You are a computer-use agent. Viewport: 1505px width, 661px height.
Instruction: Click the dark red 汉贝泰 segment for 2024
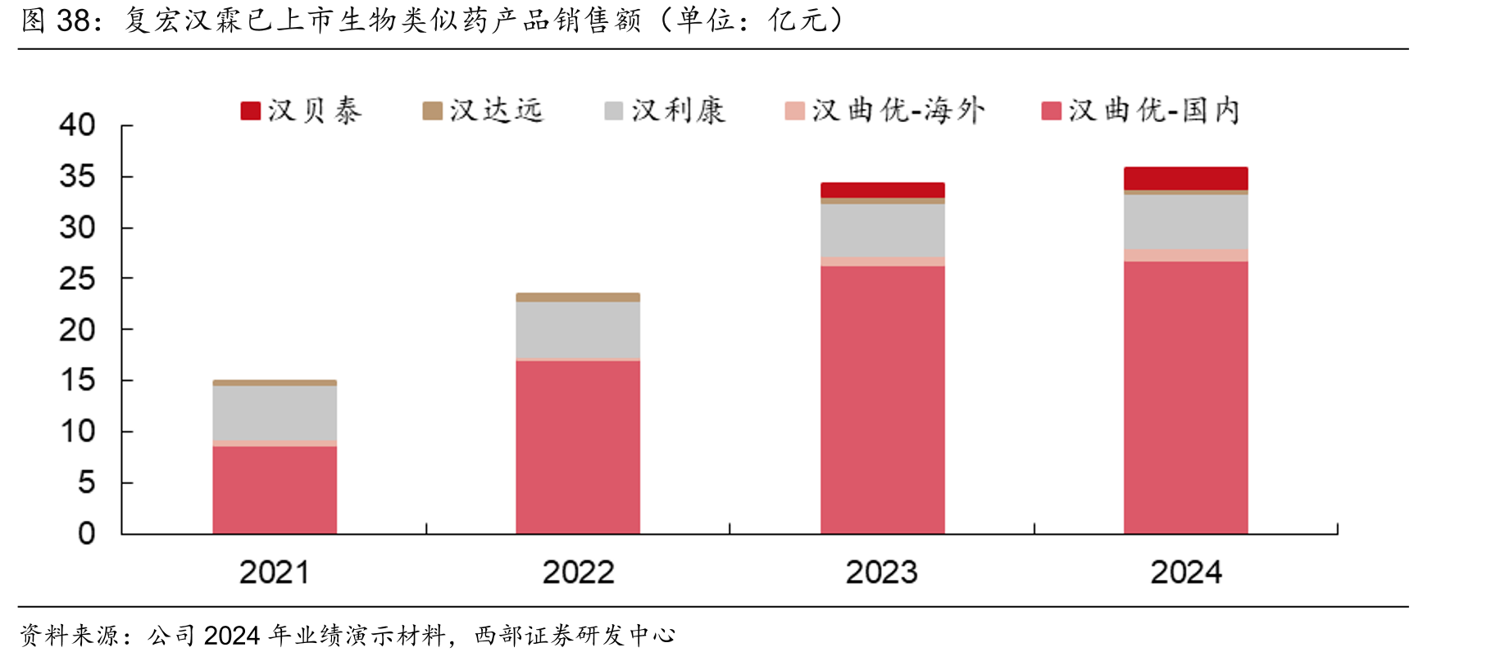click(1185, 179)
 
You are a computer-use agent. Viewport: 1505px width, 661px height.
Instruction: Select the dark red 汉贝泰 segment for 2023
click(882, 190)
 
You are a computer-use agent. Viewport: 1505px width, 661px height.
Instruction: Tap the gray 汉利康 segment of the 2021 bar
click(275, 414)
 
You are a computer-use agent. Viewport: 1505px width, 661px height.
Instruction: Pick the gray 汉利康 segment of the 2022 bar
click(578, 330)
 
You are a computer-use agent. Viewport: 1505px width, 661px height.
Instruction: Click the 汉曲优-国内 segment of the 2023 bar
click(882, 400)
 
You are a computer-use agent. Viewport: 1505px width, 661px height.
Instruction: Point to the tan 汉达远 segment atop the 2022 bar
click(578, 297)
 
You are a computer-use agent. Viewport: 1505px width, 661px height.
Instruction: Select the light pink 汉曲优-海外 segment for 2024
click(1185, 256)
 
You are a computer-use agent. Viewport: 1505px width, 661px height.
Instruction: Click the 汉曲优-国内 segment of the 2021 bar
click(275, 490)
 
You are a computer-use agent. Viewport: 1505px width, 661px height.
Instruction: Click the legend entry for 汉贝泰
click(301, 111)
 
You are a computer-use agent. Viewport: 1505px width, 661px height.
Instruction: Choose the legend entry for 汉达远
click(483, 111)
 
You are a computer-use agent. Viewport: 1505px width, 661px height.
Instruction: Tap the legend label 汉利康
click(678, 111)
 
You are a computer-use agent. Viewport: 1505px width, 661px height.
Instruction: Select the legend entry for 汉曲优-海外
click(884, 111)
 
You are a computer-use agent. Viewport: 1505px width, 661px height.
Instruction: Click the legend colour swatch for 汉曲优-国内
click(1052, 111)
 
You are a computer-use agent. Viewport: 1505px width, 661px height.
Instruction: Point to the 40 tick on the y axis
click(77, 125)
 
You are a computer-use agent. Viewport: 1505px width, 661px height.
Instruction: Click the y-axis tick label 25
click(77, 279)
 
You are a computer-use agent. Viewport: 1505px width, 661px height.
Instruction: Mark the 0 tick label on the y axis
click(87, 534)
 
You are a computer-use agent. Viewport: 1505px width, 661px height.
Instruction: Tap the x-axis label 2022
click(578, 573)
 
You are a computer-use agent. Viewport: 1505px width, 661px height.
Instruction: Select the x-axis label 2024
click(1185, 573)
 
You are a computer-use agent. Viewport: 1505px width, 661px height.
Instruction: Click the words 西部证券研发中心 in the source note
click(575, 635)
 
